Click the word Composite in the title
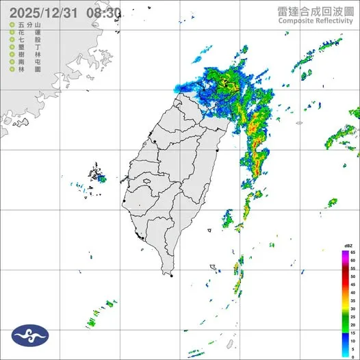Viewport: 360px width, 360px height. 296,21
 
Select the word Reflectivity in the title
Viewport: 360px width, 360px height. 335,21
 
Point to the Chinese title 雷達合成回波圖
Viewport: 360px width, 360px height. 316,11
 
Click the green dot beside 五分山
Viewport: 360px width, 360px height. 12,25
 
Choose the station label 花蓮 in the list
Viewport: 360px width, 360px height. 26,32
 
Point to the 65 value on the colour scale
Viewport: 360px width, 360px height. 352,253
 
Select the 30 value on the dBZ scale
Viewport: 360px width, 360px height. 352,300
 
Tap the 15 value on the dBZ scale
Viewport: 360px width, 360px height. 352,333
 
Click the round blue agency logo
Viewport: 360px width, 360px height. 30,336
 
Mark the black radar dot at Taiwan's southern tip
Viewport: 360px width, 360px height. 171,276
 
